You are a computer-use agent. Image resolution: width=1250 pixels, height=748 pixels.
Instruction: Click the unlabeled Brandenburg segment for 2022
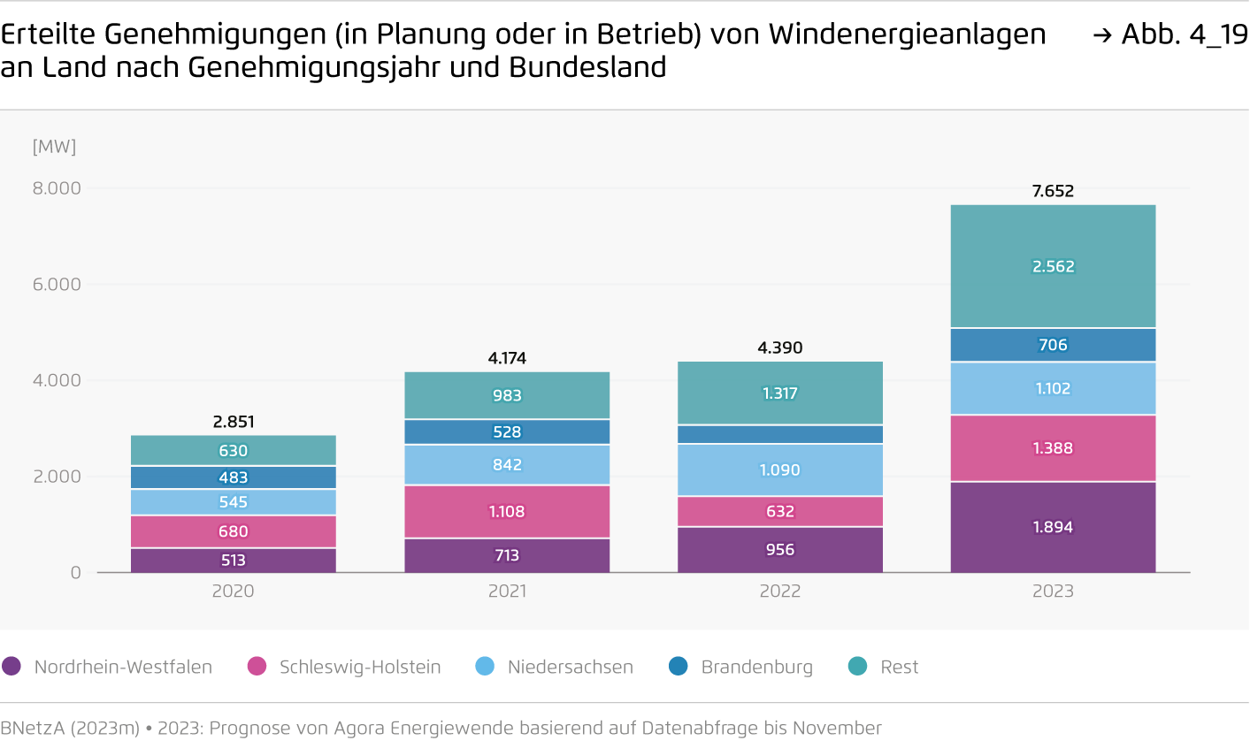coord(780,434)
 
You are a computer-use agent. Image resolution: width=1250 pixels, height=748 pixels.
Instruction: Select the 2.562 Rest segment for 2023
coord(1053,266)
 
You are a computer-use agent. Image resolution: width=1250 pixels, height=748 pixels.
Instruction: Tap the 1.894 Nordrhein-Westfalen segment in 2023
coord(1053,527)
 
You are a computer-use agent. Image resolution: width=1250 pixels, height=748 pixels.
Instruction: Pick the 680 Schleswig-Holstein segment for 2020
coord(234,531)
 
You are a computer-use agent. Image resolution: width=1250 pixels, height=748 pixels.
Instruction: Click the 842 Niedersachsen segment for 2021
coord(507,465)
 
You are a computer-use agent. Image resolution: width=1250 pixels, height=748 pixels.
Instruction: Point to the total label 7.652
coord(1053,191)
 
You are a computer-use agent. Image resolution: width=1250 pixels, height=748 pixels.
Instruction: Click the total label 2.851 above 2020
coord(234,422)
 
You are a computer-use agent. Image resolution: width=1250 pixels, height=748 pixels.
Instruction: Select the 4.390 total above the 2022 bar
coord(780,347)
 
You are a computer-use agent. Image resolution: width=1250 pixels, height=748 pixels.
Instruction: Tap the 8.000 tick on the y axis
coord(57,188)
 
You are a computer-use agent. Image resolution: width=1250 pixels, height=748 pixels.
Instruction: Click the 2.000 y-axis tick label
coord(57,477)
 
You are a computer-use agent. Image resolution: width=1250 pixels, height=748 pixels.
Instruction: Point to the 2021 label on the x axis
coord(507,591)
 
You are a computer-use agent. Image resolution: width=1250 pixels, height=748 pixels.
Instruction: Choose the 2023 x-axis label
coord(1053,591)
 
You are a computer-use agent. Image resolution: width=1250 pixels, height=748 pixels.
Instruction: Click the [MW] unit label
coord(54,147)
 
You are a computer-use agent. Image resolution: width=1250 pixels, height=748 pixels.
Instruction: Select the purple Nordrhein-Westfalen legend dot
coord(12,667)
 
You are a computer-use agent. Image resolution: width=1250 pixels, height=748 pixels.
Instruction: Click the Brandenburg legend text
coord(756,667)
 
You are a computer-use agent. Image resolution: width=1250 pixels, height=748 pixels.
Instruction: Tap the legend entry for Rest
coord(899,667)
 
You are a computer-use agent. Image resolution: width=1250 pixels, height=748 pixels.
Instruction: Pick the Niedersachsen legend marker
coord(485,667)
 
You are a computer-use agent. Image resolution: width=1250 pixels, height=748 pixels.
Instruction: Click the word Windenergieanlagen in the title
coord(908,34)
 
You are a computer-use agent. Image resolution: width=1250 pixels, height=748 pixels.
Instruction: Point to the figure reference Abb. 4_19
coord(1184,34)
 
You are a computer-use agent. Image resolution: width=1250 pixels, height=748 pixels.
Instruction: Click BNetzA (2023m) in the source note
coord(70,728)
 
